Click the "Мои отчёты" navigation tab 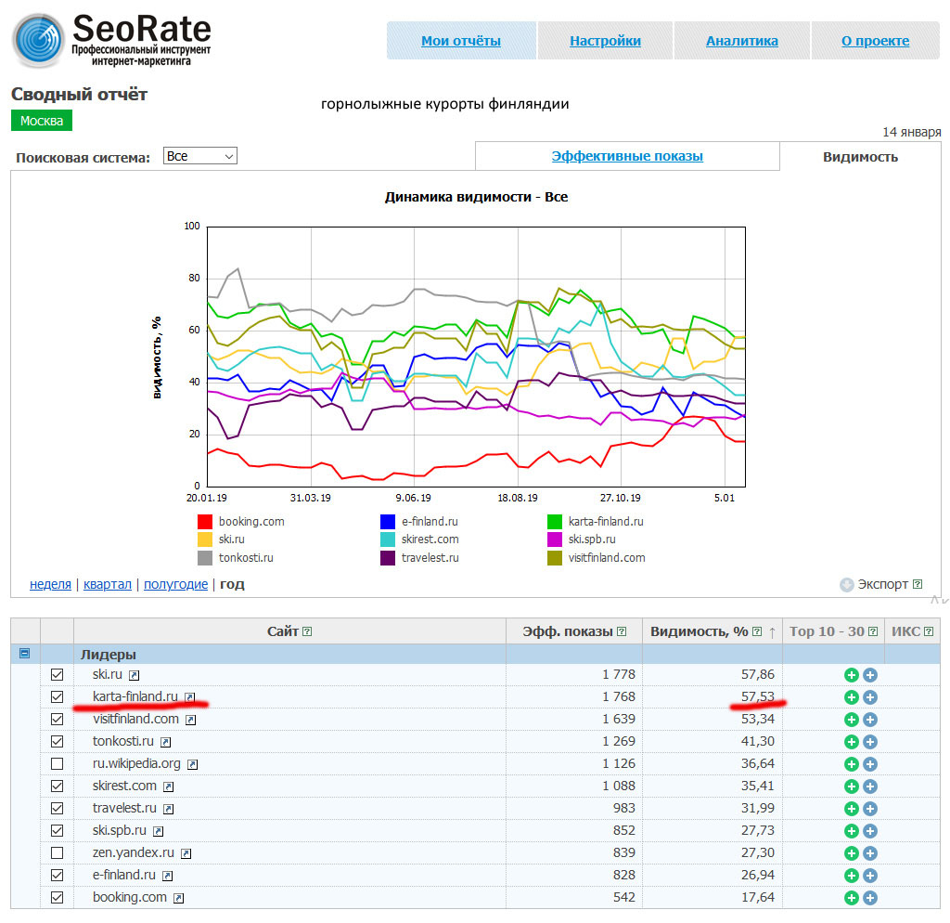460,41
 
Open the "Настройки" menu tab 605,41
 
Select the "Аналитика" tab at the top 741,41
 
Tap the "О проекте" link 875,41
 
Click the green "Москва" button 42,121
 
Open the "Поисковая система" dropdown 199,156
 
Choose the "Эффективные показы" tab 627,156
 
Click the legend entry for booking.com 251,522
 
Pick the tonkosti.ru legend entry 246,558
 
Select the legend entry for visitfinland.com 606,558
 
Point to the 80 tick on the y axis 193,278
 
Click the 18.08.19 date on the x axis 518,499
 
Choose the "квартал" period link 107,584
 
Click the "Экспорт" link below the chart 881,584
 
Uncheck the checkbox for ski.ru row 58,674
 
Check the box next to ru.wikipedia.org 58,763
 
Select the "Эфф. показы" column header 568,631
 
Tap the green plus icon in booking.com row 851,897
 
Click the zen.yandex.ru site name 134,852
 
